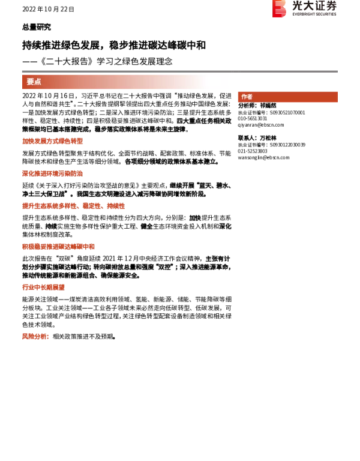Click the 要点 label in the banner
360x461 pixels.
tap(34, 82)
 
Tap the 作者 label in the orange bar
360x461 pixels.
tap(247, 97)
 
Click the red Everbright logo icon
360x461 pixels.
tap(279, 8)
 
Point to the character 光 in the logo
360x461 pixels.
tap(298, 6)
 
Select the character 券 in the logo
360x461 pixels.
tap(330, 6)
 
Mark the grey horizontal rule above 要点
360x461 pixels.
tap(179, 71)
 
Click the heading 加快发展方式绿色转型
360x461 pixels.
tap(53, 141)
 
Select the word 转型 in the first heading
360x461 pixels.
tap(77, 141)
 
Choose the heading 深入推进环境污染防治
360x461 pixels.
tap(53, 173)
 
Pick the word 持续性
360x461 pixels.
tap(116, 206)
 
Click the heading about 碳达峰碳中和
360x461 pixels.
tap(59, 247)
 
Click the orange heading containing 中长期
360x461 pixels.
tap(43, 287)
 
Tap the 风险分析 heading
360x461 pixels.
tap(35, 337)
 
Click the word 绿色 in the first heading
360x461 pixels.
tap(65, 141)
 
